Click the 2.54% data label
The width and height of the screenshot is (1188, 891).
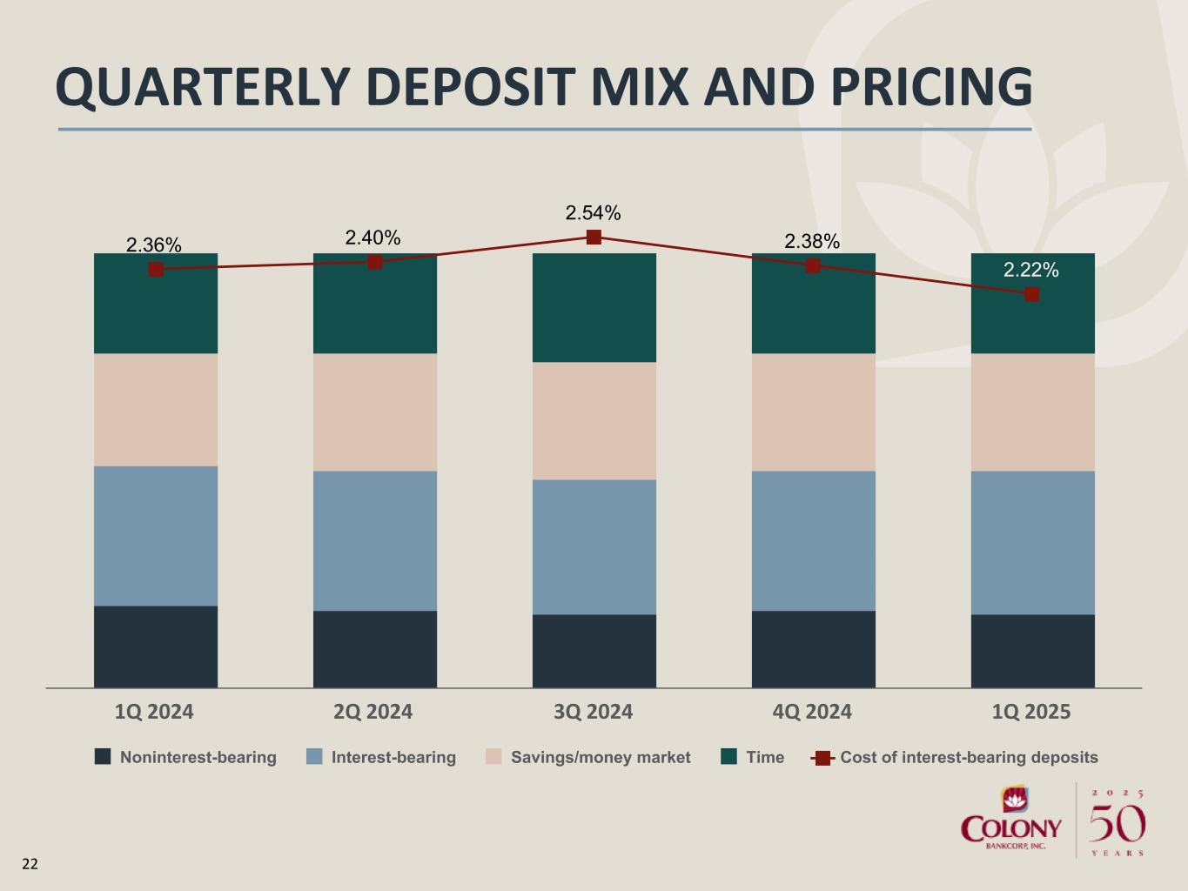(x=593, y=213)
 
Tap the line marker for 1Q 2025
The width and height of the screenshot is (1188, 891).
(x=1031, y=294)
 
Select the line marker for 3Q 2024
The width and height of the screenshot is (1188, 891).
(x=594, y=237)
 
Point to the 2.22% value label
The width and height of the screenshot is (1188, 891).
(x=1031, y=271)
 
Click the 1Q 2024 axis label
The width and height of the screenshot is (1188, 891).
(x=154, y=712)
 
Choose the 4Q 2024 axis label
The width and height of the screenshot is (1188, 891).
(x=812, y=712)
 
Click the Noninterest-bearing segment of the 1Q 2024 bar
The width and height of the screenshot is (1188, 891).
(x=156, y=646)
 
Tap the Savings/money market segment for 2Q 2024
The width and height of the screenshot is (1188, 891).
(x=375, y=412)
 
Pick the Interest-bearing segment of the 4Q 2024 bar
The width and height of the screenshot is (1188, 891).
(x=813, y=540)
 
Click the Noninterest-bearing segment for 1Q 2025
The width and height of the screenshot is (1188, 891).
(x=1032, y=651)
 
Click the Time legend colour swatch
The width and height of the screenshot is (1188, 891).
(x=728, y=757)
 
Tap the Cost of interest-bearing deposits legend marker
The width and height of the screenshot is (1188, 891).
(x=822, y=758)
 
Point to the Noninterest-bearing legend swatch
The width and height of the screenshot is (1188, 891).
(x=103, y=757)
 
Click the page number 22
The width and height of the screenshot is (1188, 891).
(x=30, y=864)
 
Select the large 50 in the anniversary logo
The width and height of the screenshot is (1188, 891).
(x=1118, y=823)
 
